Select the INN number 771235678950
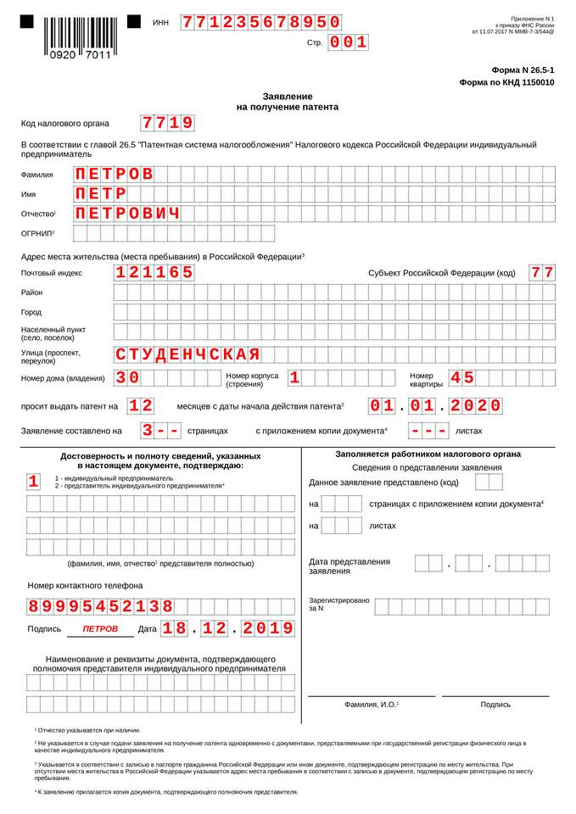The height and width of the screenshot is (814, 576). click(x=261, y=22)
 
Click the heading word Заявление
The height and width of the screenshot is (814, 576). click(x=287, y=97)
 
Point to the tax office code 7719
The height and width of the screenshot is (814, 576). click(x=167, y=124)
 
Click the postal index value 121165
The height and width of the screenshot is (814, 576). click(x=154, y=273)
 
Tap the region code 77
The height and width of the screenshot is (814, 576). click(x=542, y=273)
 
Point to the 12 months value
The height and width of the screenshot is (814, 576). click(x=141, y=405)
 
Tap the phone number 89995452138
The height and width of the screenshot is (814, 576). click(x=100, y=606)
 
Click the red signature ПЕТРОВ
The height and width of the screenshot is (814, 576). click(x=100, y=629)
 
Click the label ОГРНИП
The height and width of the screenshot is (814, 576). click(x=37, y=233)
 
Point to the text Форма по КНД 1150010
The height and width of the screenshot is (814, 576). click(x=506, y=83)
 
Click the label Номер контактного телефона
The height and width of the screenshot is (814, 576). click(x=85, y=585)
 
